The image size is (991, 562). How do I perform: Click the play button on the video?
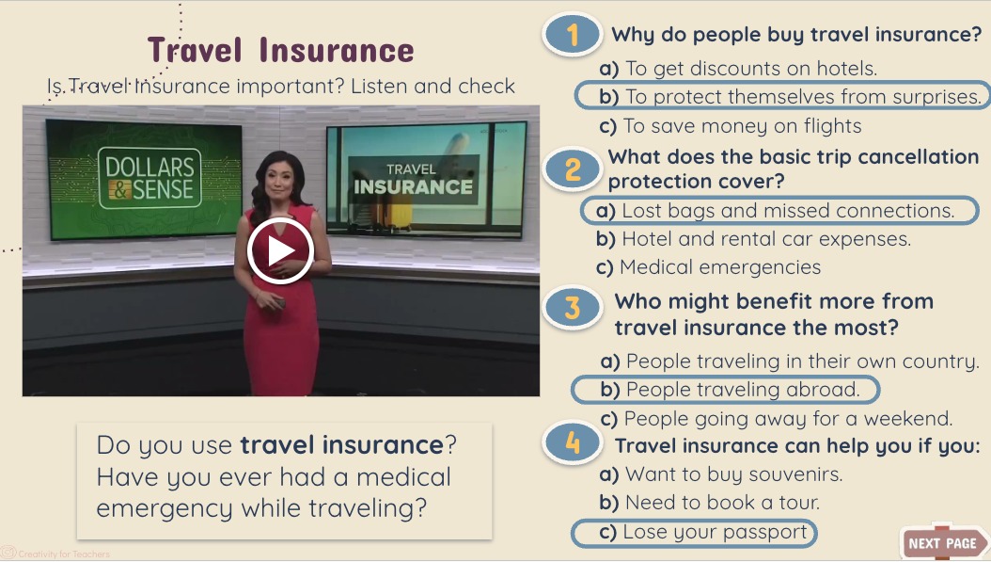[280, 250]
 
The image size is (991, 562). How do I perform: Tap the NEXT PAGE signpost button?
[942, 543]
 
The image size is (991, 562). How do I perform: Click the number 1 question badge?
[572, 36]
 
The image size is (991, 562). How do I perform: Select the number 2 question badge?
[573, 169]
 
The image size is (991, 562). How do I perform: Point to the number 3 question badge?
[573, 308]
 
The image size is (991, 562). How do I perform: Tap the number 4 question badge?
[573, 443]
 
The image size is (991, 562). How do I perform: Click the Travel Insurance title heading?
[280, 50]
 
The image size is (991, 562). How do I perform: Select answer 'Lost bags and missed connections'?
[778, 211]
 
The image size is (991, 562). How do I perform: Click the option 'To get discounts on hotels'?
[738, 69]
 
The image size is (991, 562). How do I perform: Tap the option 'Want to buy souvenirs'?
[721, 474]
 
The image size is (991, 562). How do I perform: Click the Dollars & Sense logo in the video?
[149, 179]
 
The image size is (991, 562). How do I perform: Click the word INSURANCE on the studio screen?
[413, 186]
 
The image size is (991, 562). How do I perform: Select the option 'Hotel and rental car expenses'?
[753, 239]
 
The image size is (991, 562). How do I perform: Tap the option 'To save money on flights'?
[730, 126]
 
